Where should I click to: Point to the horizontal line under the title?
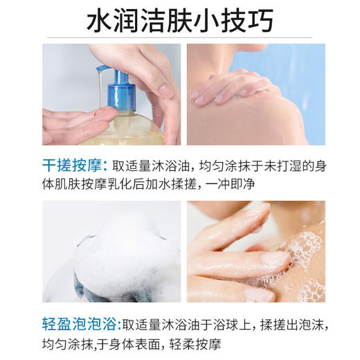[180, 37]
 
